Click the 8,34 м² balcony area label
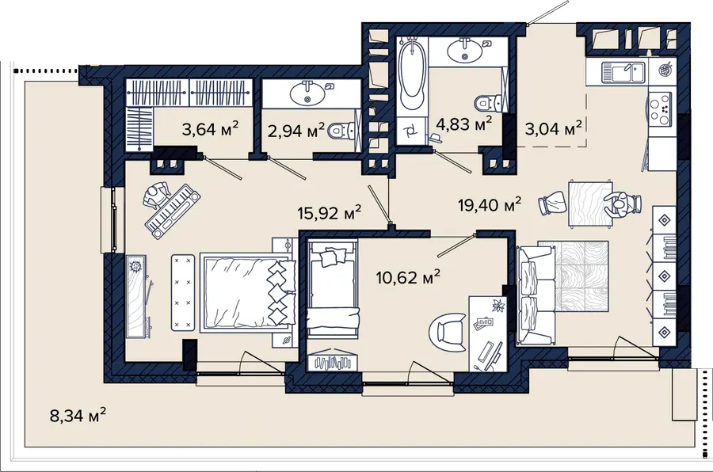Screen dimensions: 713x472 (x=78, y=414)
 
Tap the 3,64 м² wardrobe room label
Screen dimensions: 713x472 (x=211, y=128)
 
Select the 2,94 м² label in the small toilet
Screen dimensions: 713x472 (x=296, y=131)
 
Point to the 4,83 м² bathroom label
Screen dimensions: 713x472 (x=463, y=124)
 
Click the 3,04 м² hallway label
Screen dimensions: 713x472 (x=554, y=128)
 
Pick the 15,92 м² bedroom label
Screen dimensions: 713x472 (x=330, y=212)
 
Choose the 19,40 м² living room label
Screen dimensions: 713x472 (x=490, y=205)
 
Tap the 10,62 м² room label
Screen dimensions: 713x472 (x=408, y=276)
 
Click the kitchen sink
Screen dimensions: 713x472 (x=623, y=72)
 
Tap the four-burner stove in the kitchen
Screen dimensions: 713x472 (x=659, y=109)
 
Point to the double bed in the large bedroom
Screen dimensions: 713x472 (x=248, y=292)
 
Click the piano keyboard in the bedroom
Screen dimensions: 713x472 (x=173, y=211)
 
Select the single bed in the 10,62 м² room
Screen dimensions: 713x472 (x=333, y=289)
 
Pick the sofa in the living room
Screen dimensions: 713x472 (x=536, y=295)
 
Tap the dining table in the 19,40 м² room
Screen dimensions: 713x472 (x=590, y=204)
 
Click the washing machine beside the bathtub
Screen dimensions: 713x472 (x=412, y=131)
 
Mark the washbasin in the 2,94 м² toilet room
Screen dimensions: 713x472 (x=307, y=94)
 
